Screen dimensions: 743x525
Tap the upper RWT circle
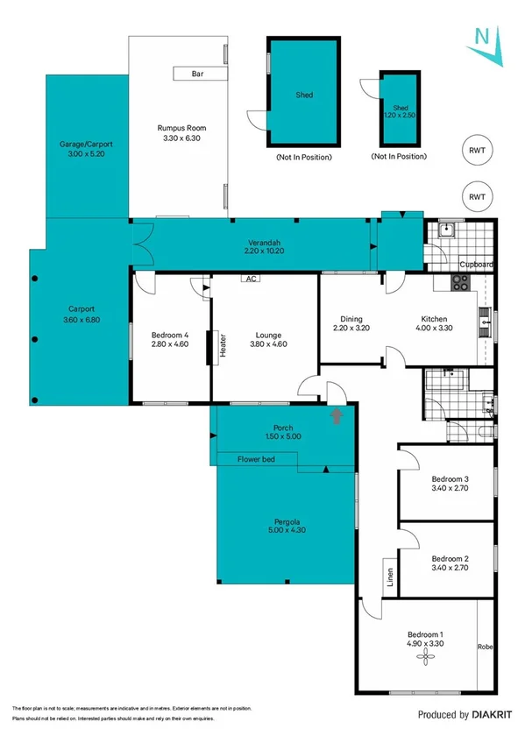coord(477,150)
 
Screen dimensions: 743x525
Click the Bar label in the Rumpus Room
coord(197,74)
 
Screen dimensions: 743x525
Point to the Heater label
coord(223,343)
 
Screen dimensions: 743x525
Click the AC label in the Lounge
coord(250,280)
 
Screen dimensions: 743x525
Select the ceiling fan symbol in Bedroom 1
coord(425,655)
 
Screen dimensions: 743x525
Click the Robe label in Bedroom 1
coord(485,647)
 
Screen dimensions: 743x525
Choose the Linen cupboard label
coord(389,578)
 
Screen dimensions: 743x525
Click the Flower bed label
coord(256,458)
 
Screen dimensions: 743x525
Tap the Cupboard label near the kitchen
coord(478,264)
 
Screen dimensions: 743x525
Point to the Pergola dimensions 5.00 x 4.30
coord(287,531)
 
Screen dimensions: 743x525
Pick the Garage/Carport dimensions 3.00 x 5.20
coord(87,154)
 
